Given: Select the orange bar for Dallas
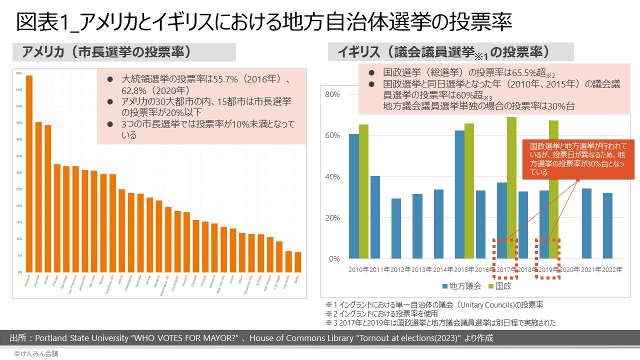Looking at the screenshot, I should click(x=298, y=262).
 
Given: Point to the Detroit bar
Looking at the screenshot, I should click(x=121, y=230).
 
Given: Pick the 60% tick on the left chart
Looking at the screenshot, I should click(x=19, y=73).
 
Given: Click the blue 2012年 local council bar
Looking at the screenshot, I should click(x=396, y=228).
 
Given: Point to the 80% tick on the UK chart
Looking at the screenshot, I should click(x=332, y=94).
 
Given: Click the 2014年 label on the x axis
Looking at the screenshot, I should click(x=442, y=269).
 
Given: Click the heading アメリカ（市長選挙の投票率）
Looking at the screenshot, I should click(x=107, y=52).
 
